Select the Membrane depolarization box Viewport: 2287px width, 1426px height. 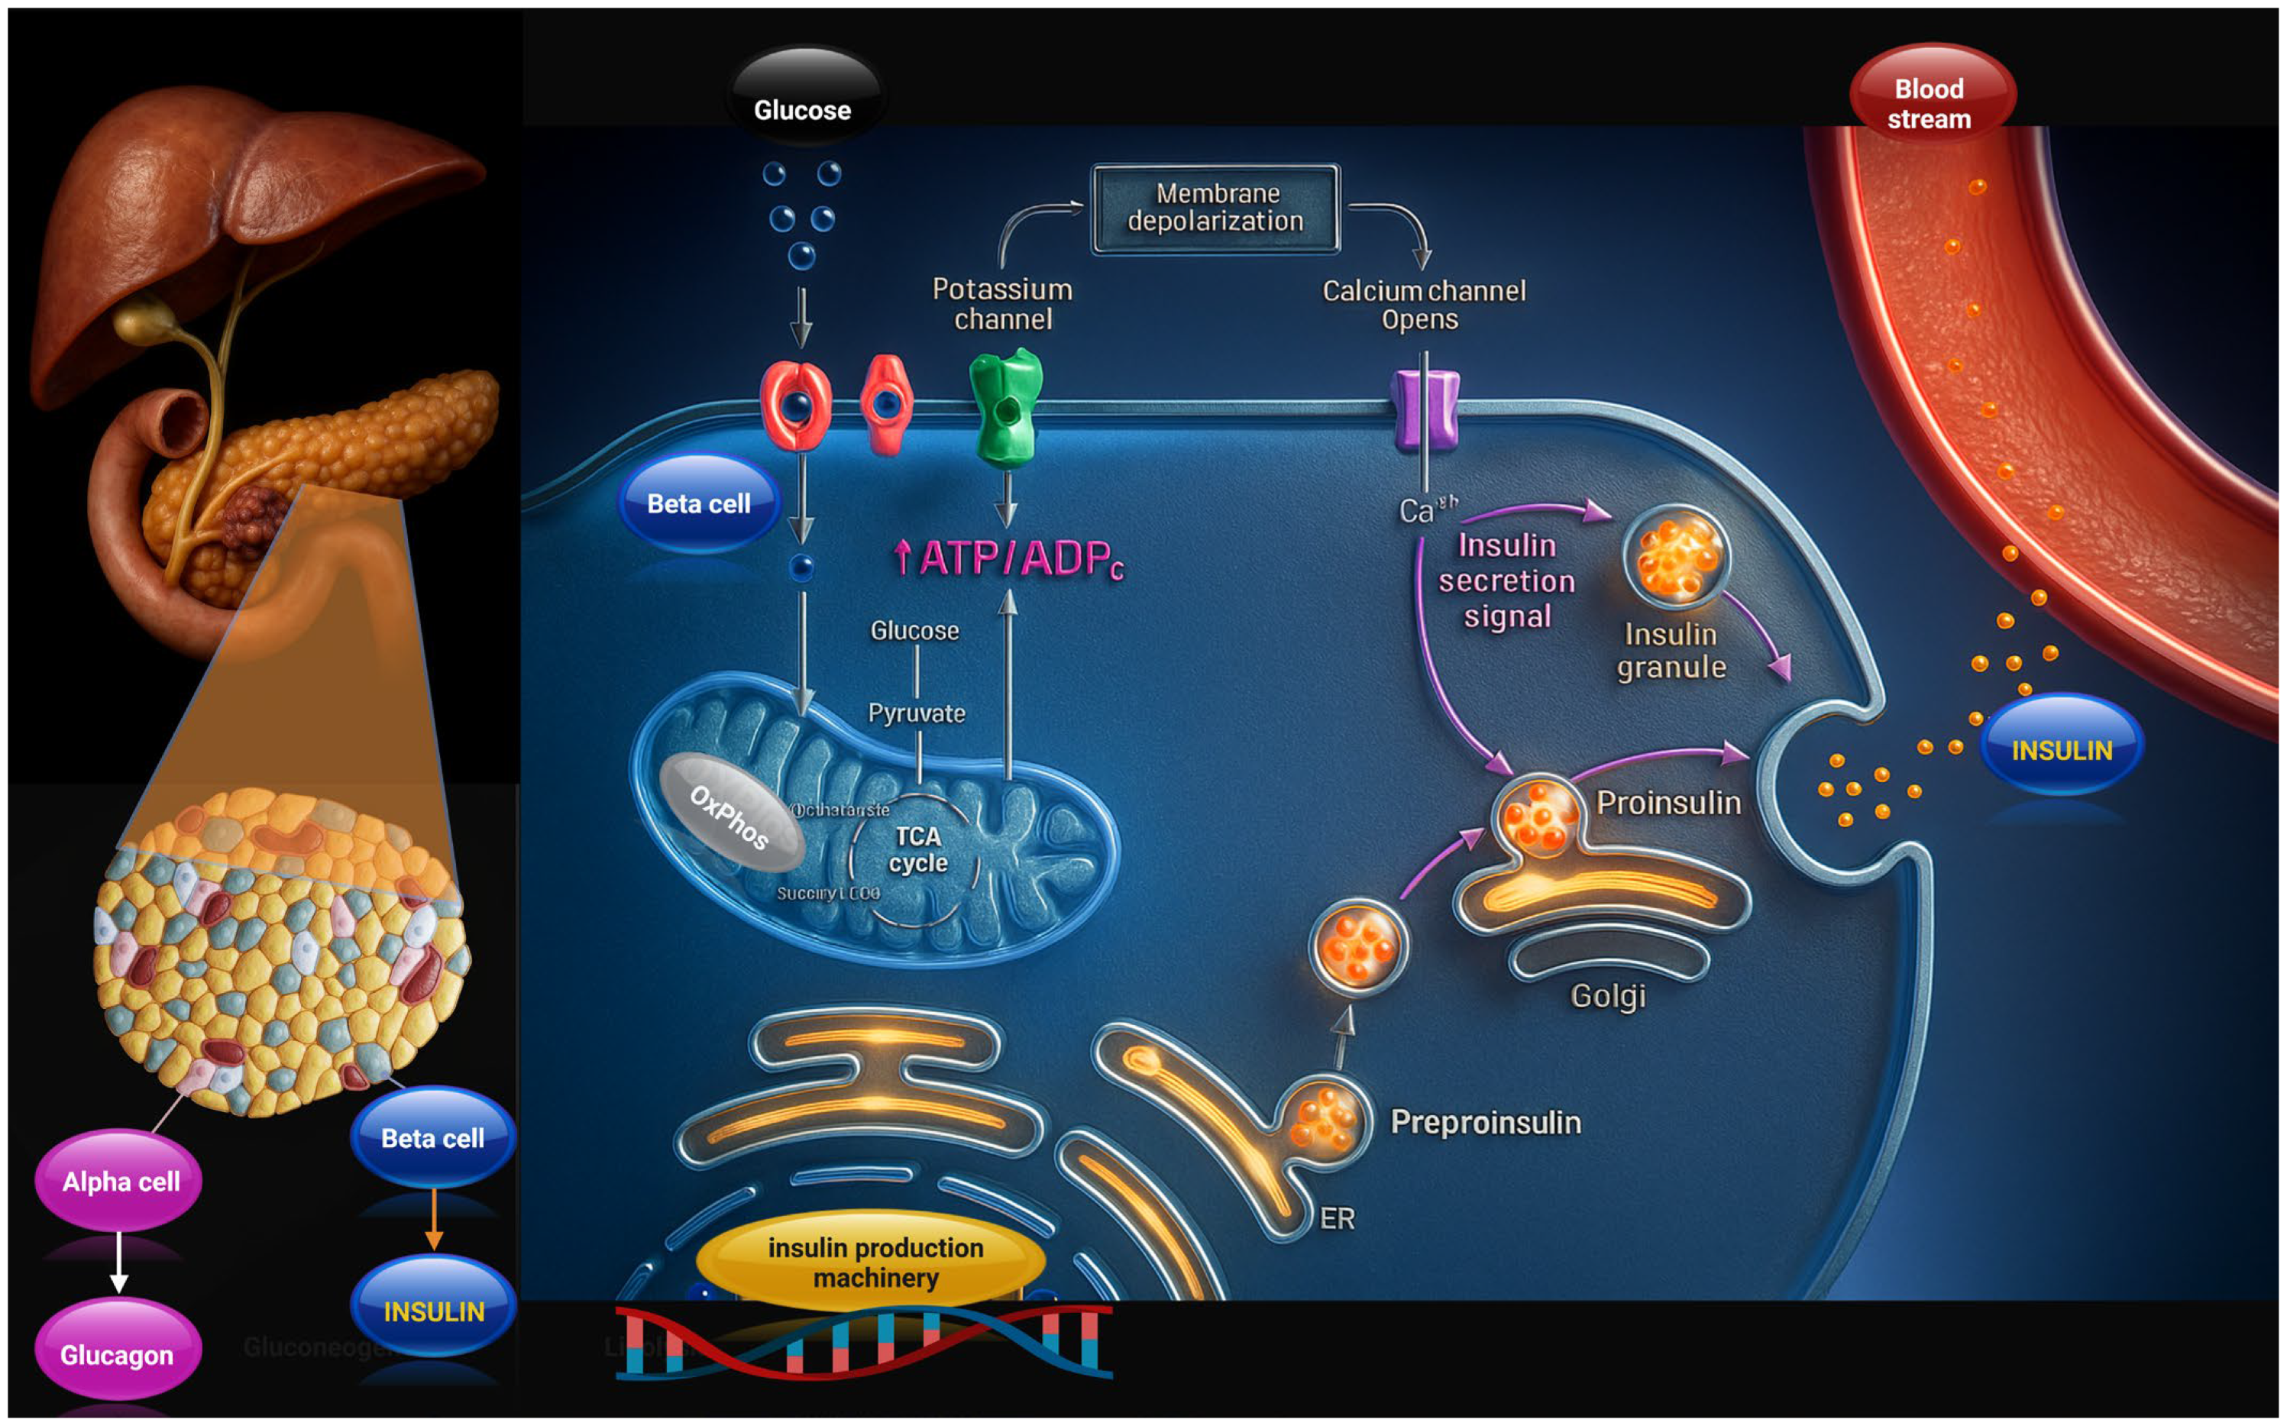(1215, 208)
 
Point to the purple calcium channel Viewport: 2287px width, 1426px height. (1425, 409)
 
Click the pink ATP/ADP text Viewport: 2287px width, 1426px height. (1009, 558)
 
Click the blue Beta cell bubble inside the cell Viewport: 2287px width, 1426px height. (699, 503)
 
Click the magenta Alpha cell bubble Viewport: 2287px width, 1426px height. (120, 1181)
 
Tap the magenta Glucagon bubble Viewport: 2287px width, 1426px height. (118, 1354)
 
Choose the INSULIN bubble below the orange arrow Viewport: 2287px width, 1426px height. (433, 1309)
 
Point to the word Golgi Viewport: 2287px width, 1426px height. (1607, 996)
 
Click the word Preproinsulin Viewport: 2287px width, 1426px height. (1486, 1122)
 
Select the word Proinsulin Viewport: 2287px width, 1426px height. (1668, 803)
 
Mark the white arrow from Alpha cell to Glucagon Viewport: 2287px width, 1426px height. (119, 1261)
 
